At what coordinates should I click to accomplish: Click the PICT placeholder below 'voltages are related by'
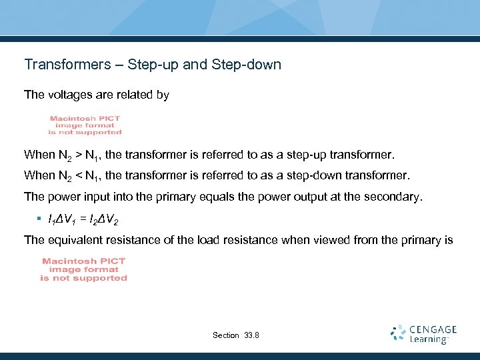coord(85,125)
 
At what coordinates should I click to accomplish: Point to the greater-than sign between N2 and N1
coord(78,155)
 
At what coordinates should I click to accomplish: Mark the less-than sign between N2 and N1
coord(78,176)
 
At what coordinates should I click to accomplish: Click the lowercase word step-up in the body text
coord(304,155)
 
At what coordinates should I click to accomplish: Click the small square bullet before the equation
coord(40,219)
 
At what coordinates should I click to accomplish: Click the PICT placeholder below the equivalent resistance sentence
coord(84,269)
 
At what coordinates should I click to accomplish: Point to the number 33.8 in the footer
coord(253,335)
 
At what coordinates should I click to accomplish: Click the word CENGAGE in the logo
coord(433,329)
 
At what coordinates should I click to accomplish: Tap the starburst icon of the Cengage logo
coord(399,333)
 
